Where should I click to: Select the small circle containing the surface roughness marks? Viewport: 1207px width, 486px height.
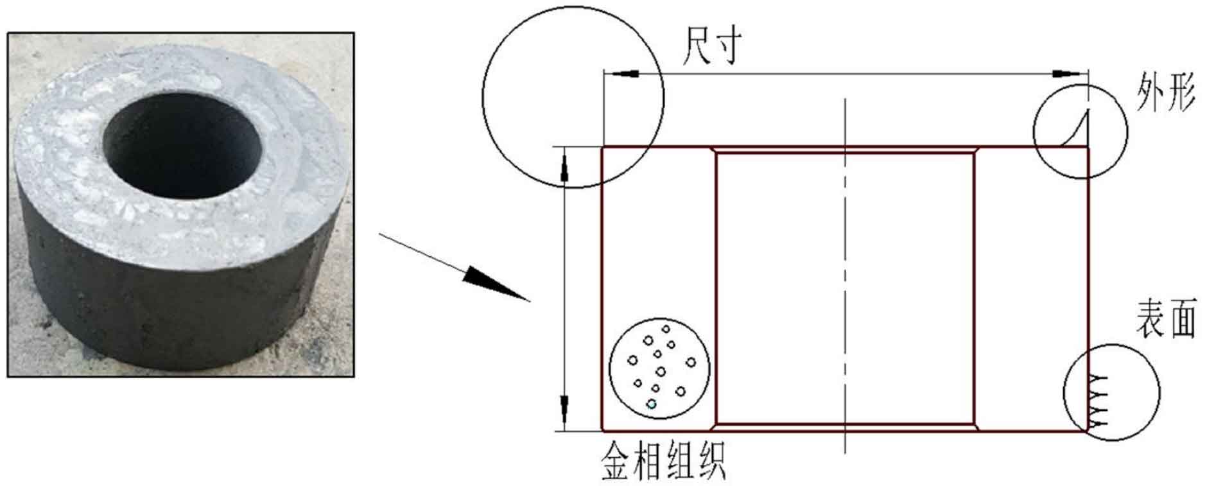coord(1111,392)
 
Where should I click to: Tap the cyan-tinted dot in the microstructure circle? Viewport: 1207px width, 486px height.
coord(652,404)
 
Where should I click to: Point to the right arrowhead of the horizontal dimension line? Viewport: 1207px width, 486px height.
coord(1070,73)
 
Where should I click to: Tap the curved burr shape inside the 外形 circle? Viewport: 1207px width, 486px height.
coord(1075,128)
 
